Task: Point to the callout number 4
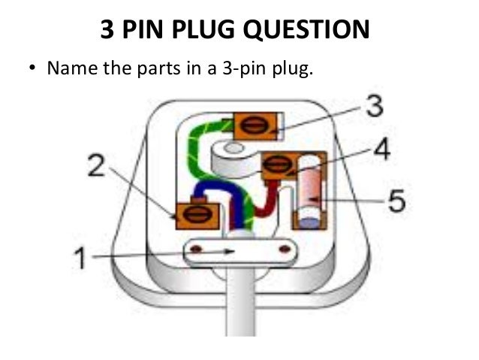381,150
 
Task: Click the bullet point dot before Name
32,69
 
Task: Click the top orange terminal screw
256,126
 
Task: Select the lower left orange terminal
197,215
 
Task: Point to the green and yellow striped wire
196,150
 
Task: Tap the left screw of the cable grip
196,248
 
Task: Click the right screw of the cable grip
285,248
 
